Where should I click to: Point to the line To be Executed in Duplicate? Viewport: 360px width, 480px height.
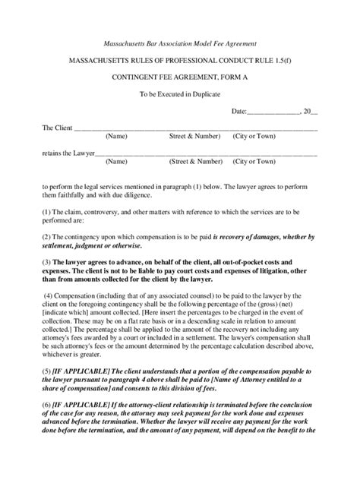click(179, 94)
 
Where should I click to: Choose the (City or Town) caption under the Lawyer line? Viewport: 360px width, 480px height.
click(254, 162)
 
